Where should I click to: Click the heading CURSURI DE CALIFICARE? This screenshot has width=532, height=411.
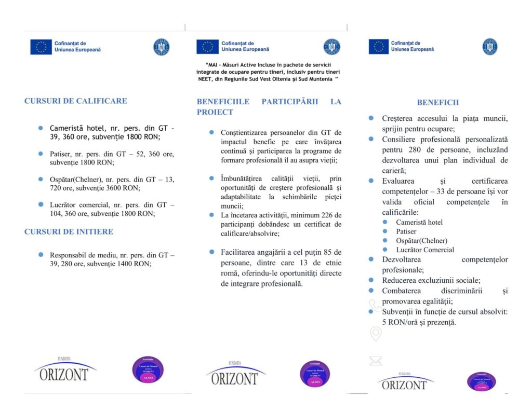click(x=75, y=101)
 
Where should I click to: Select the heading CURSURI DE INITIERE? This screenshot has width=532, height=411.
click(x=69, y=231)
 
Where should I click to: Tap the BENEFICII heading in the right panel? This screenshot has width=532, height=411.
click(x=437, y=103)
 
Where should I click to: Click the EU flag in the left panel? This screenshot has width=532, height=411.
click(x=41, y=47)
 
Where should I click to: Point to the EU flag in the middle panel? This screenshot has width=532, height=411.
click(x=207, y=47)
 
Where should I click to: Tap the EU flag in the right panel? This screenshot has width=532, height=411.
click(x=379, y=47)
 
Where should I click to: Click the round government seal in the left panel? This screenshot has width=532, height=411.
click(x=161, y=47)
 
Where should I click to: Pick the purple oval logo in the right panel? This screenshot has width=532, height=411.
click(x=481, y=382)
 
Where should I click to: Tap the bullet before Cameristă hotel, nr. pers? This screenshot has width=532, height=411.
click(x=40, y=128)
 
